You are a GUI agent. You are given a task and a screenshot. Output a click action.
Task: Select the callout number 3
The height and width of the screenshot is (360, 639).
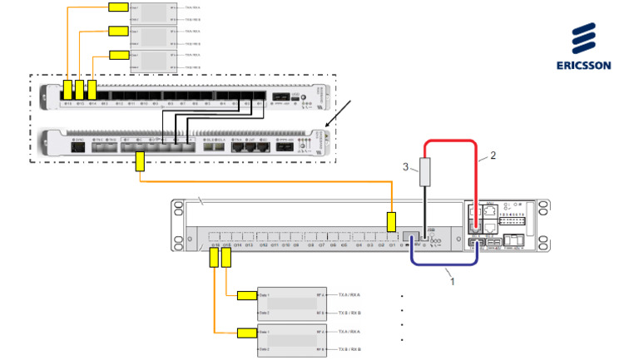click(x=406, y=168)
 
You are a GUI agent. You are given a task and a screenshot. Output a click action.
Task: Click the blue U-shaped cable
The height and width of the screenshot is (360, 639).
click(x=445, y=264)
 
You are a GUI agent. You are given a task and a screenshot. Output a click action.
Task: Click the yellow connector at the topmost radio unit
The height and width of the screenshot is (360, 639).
click(x=118, y=7)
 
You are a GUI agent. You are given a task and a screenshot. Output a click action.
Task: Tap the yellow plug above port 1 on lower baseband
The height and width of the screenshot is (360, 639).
click(x=391, y=221)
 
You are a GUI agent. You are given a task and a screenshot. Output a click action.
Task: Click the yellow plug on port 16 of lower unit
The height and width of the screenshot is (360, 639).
click(x=214, y=258)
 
